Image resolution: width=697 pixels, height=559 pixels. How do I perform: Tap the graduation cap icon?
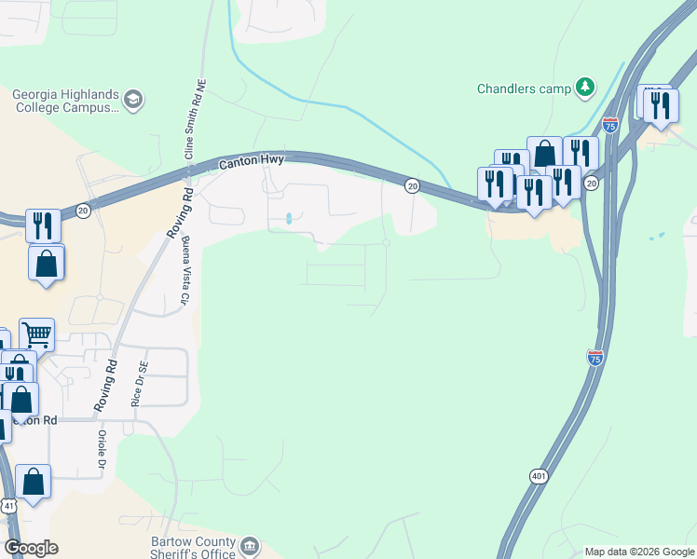coord(134,99)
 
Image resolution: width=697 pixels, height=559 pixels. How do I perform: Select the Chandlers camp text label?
coord(523,89)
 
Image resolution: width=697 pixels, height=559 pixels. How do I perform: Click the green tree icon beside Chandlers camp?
coord(585,88)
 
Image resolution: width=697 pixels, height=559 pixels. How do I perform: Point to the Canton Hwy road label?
coord(251,162)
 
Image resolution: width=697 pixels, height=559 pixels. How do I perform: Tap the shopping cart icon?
coord(36,333)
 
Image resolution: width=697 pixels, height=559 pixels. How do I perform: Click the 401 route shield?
coord(539,476)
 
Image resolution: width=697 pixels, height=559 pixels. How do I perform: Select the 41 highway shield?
coord(7,505)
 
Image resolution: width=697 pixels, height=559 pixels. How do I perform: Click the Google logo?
coord(31,548)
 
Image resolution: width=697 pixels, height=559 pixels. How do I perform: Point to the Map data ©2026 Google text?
coord(638,552)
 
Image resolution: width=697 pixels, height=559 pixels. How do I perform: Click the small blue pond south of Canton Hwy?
coord(289,219)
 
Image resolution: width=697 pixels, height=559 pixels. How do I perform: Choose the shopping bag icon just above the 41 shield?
coord(33,482)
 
